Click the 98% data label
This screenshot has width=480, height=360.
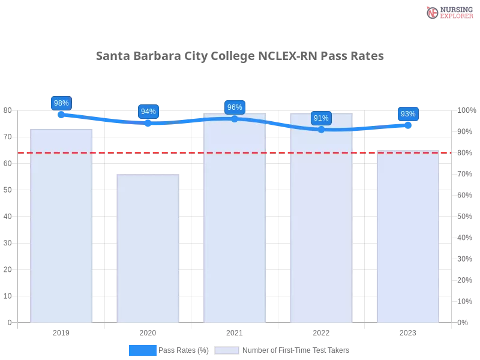(61, 103)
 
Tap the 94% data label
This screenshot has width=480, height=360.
(148, 111)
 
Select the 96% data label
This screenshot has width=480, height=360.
(235, 107)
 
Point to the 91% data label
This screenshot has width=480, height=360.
(321, 118)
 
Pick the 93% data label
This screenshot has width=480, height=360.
(408, 113)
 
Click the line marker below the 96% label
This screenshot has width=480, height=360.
(235, 119)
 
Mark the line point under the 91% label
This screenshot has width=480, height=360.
(321, 130)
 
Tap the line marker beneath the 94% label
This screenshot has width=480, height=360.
(148, 122)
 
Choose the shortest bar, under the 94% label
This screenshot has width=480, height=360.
(148, 249)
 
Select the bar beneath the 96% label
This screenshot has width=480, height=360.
(235, 219)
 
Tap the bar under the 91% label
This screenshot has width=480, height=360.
(321, 219)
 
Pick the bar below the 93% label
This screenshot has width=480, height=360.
(408, 237)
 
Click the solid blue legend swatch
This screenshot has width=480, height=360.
(143, 350)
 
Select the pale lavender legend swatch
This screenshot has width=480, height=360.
(227, 350)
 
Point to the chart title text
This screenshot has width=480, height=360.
(240, 56)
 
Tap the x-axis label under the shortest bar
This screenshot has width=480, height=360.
(148, 331)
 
